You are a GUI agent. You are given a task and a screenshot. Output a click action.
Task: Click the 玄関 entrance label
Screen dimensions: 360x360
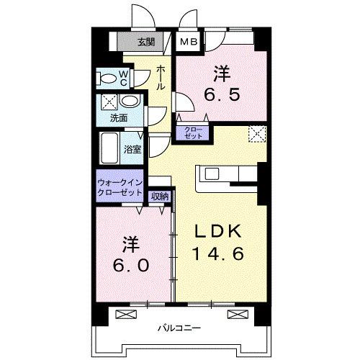pos(146,42)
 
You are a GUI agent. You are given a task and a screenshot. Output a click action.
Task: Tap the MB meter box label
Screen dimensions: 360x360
pos(189,42)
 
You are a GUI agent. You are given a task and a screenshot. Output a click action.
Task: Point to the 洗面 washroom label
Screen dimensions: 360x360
pos(119,117)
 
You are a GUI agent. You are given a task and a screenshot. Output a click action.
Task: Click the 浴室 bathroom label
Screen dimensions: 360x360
pos(132,150)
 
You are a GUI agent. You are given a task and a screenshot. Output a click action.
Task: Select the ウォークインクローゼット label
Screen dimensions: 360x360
pos(120,187)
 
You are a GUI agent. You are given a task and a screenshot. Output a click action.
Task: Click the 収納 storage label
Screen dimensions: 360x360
pos(160,196)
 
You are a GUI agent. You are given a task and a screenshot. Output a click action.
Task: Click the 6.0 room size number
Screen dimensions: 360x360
pos(131,264)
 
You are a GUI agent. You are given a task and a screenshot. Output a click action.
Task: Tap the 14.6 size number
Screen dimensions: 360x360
pos(218,253)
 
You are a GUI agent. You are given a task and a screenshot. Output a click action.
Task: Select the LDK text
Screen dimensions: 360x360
pos(218,232)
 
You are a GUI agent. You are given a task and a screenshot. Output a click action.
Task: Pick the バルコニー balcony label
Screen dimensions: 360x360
pos(180,329)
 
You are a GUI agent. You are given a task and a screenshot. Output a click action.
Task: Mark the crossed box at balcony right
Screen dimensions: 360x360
pos(235,313)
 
